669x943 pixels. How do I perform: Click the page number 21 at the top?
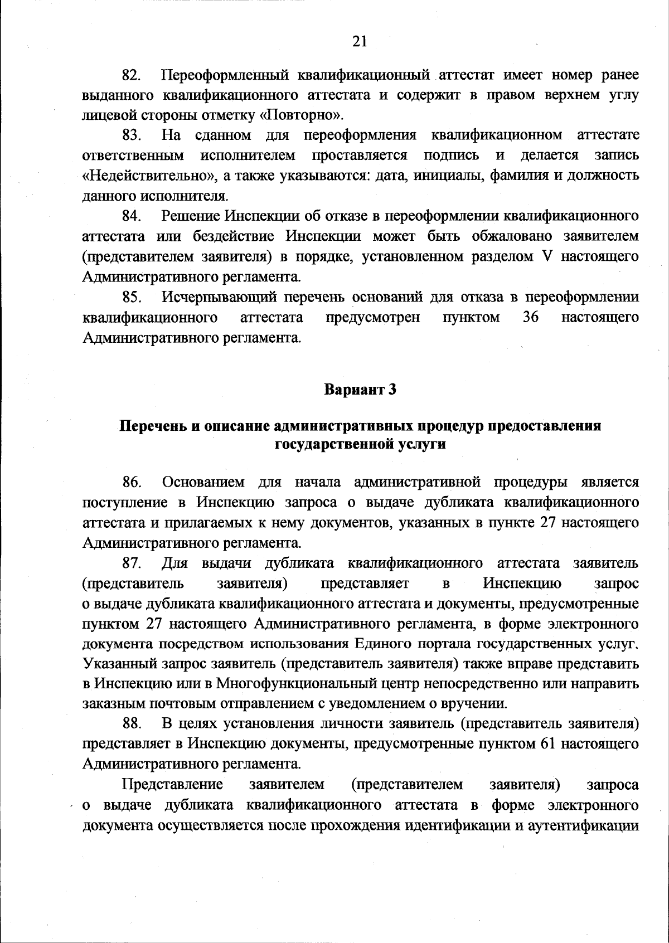click(x=360, y=42)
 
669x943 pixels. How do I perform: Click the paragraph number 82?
click(x=132, y=75)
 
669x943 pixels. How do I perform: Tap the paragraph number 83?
click(x=132, y=135)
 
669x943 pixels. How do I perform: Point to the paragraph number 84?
click(x=132, y=216)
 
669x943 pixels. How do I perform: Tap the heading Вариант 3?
click(x=360, y=390)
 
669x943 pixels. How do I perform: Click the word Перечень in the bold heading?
click(x=152, y=426)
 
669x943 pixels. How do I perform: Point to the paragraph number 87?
click(x=132, y=563)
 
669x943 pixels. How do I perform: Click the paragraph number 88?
click(x=132, y=724)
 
